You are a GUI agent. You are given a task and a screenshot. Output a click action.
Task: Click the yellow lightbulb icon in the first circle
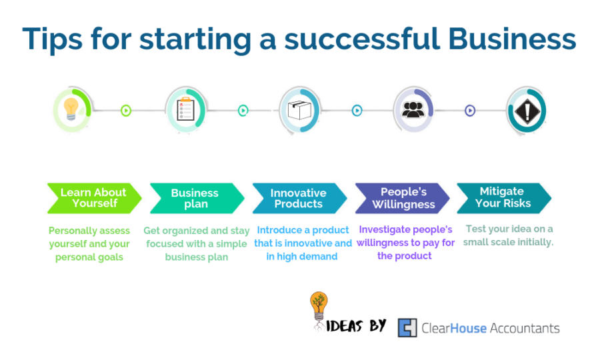[x=71, y=109]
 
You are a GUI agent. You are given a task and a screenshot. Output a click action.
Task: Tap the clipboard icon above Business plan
[x=185, y=109]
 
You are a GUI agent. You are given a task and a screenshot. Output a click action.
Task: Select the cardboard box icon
[x=299, y=110]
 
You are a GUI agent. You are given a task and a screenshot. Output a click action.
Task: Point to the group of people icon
[x=413, y=109]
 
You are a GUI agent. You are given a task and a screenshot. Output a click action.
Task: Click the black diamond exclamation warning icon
[x=527, y=111]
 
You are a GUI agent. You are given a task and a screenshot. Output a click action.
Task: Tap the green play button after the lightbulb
[x=126, y=111]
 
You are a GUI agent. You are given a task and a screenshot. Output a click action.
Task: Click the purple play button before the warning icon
[x=470, y=111]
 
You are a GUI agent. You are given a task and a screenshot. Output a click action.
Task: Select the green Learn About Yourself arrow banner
[x=95, y=198]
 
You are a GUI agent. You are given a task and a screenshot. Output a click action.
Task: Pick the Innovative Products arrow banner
[x=299, y=198]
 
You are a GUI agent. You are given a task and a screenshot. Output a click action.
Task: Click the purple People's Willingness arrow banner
[x=403, y=198]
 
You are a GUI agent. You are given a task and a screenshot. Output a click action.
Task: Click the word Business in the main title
[x=512, y=39]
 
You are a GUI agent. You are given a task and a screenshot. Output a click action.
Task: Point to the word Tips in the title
[x=53, y=40]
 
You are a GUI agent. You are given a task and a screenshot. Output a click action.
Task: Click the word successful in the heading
[x=362, y=39]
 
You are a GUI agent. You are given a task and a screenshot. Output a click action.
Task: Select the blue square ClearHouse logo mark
[x=407, y=328]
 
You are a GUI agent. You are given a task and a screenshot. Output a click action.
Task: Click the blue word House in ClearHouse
[x=468, y=328]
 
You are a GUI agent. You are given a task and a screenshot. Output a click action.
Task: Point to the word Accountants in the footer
[x=525, y=328]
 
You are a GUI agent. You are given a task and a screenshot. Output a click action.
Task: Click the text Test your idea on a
[x=509, y=229]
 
